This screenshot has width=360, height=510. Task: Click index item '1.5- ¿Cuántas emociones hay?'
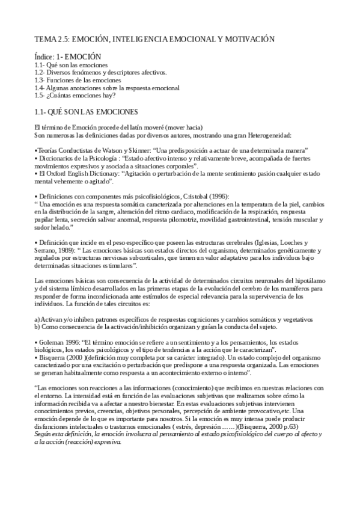75,95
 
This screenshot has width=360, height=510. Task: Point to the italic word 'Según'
44,434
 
